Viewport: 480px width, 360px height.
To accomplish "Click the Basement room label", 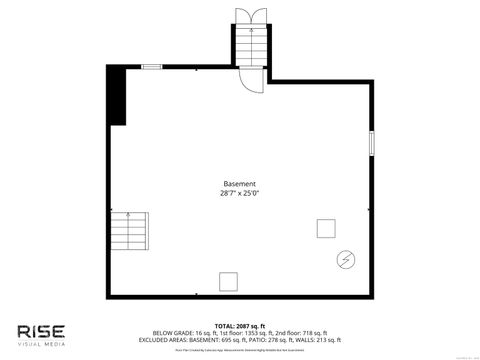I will point(240,184).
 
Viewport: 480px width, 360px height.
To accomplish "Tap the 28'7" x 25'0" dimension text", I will point(240,193).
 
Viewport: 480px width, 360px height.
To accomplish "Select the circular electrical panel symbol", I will point(345,259).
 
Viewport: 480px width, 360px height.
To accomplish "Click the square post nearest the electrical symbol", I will point(325,228).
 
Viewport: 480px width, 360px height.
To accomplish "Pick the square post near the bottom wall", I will point(228,280).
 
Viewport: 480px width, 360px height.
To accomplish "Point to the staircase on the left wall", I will point(129,232).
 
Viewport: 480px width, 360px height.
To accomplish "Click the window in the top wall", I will point(152,67).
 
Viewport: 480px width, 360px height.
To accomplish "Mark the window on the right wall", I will point(372,142).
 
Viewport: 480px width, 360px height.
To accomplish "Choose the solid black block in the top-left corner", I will point(118,96).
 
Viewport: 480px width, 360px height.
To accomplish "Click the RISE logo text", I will point(41,330).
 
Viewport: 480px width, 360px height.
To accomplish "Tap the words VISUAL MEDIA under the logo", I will point(41,344).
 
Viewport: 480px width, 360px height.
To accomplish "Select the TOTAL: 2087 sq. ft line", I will point(240,326).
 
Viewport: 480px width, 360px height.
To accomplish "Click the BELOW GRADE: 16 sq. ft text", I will point(183,333).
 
